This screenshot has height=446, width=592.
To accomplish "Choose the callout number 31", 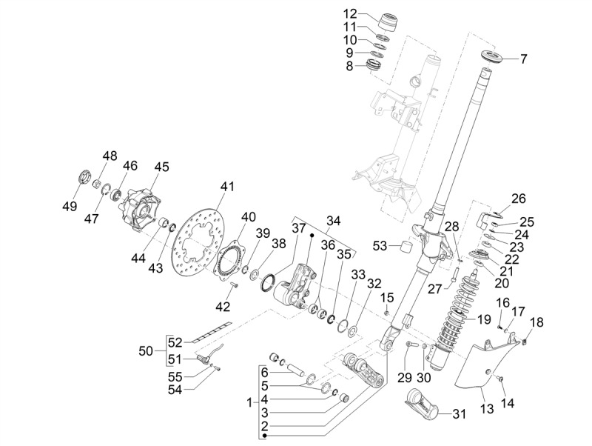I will click(x=459, y=414).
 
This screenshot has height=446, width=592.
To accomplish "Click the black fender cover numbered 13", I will click(x=481, y=363).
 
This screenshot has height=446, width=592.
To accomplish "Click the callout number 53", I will click(x=380, y=245).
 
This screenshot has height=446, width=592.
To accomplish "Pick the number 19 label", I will click(x=484, y=320).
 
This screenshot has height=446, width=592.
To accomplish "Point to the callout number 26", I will click(x=518, y=198).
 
